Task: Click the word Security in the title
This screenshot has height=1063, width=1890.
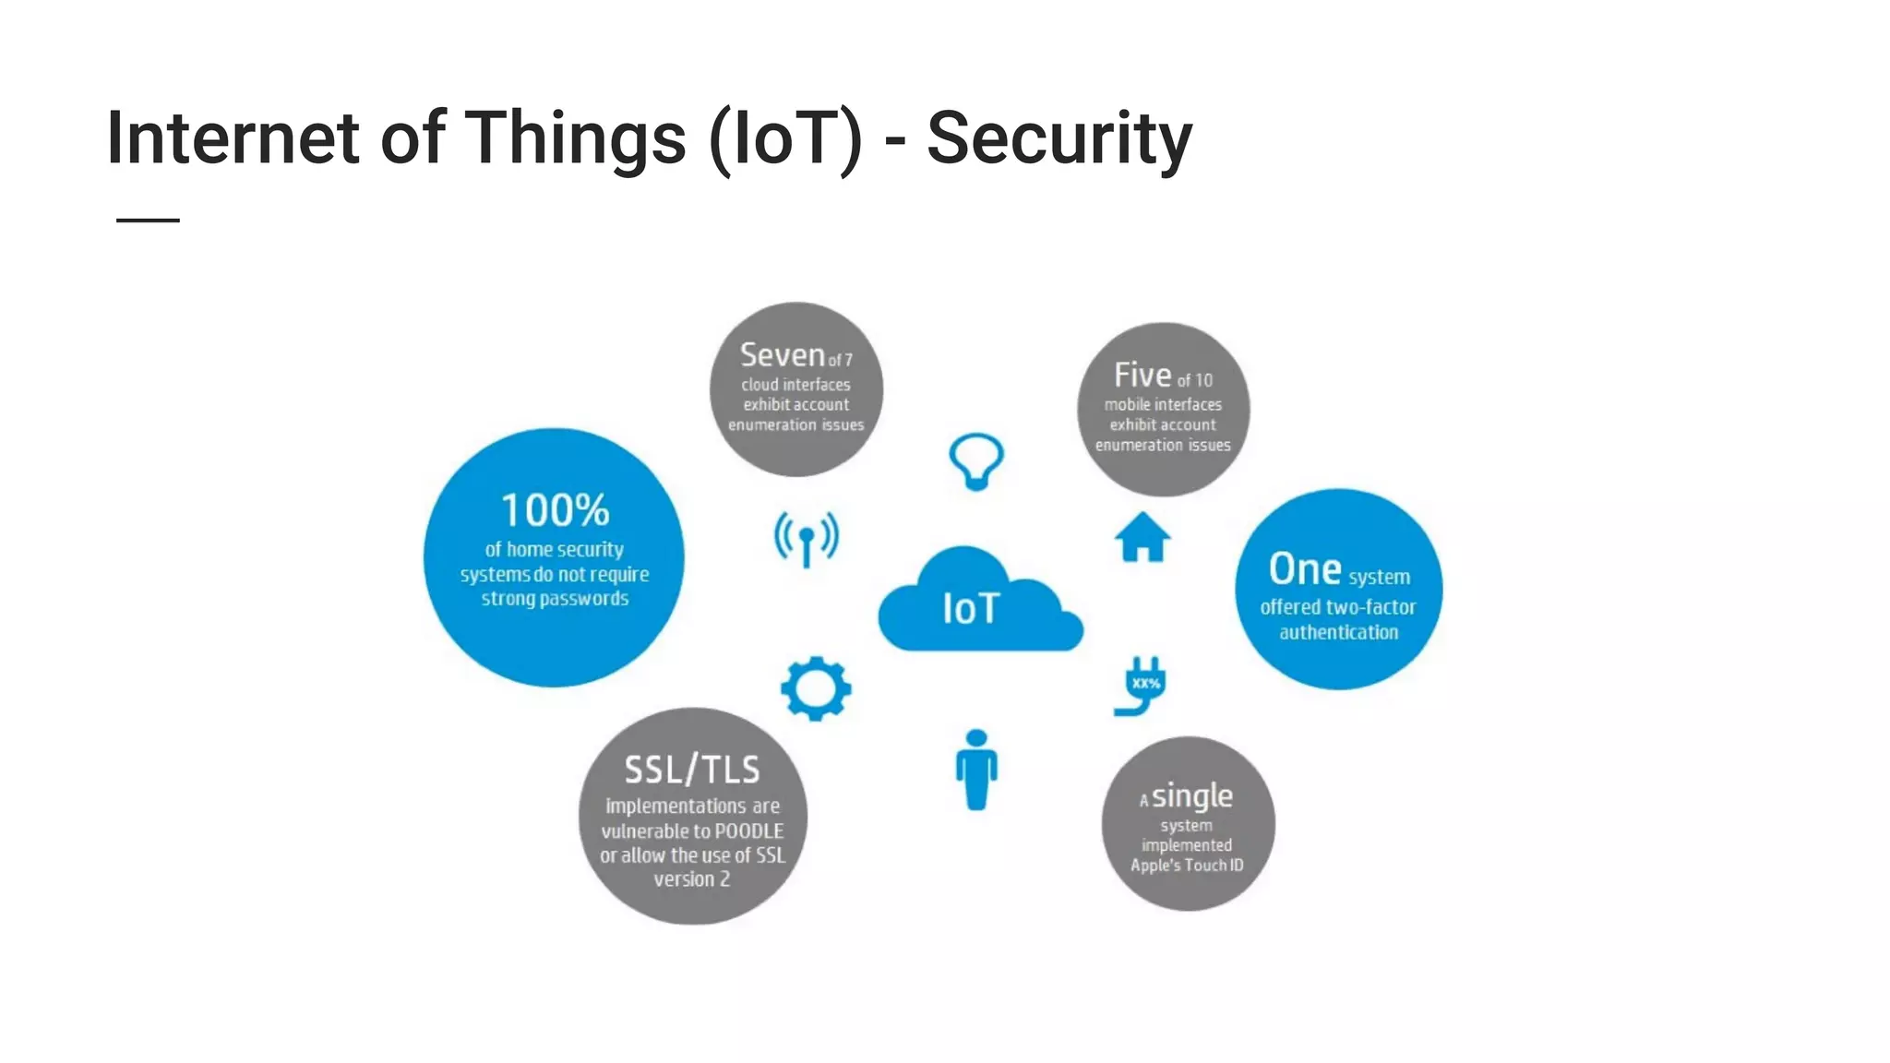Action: (x=1059, y=139)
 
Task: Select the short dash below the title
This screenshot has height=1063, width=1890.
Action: (x=148, y=221)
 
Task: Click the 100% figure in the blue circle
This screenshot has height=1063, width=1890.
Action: (x=555, y=510)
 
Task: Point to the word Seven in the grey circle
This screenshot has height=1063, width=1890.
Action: (x=782, y=355)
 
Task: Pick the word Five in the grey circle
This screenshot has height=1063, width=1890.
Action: (x=1142, y=376)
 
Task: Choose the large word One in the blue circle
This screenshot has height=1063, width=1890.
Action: (x=1304, y=569)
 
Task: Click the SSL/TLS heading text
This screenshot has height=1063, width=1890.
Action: (x=692, y=770)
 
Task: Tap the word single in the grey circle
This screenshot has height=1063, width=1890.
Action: (x=1192, y=795)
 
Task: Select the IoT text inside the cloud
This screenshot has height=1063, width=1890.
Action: (x=971, y=609)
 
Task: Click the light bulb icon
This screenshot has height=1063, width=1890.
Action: (x=976, y=460)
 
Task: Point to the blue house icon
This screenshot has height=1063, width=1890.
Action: (x=1142, y=537)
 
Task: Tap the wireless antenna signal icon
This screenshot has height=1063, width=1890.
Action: (x=807, y=538)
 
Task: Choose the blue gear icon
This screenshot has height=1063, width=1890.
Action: (x=816, y=688)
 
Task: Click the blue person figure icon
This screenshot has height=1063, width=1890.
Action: (x=976, y=770)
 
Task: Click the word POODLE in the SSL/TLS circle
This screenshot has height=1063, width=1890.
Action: (x=748, y=831)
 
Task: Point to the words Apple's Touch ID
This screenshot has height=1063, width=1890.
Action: (x=1187, y=866)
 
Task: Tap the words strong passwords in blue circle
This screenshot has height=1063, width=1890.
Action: (x=555, y=599)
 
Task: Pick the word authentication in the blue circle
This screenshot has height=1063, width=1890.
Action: (x=1338, y=633)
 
